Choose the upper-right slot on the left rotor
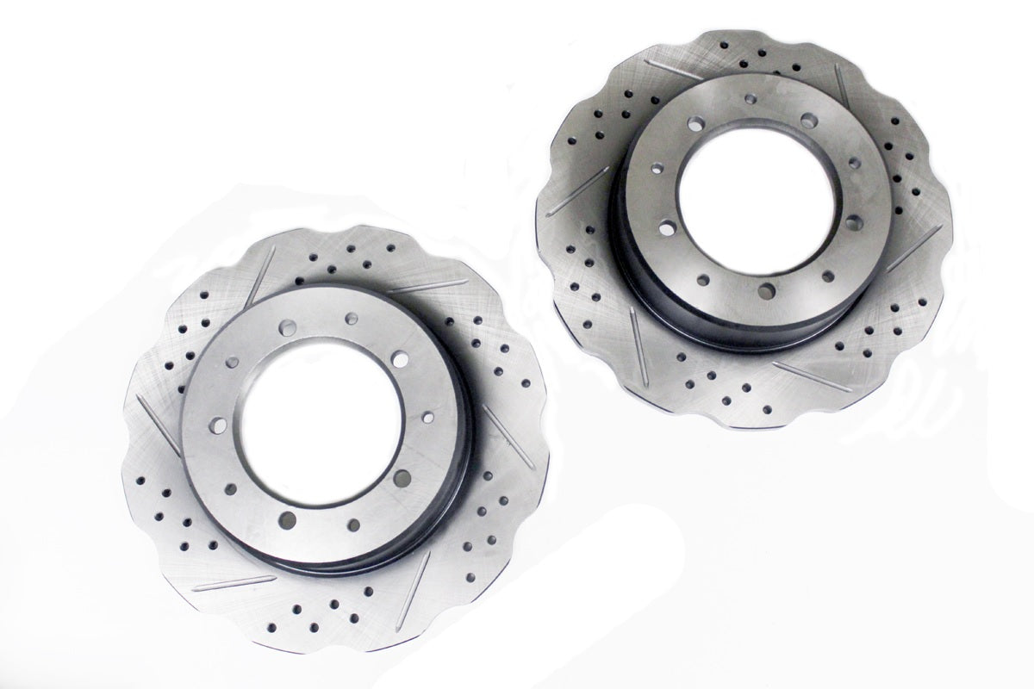[427, 286]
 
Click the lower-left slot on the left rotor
[222, 583]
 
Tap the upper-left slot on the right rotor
[677, 70]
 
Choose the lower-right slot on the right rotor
[811, 376]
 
